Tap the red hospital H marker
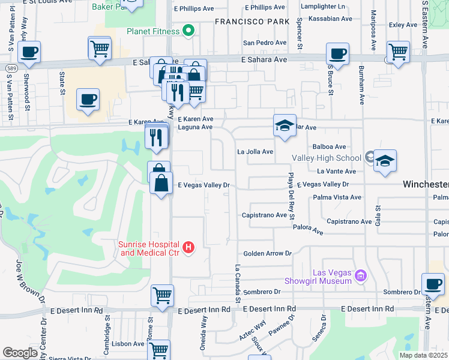pyautogui.click(x=188, y=247)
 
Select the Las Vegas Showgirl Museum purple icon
pyautogui.click(x=360, y=276)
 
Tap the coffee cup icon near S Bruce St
pyautogui.click(x=337, y=53)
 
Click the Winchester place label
pyautogui.click(x=425, y=184)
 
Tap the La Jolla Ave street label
pyautogui.click(x=255, y=152)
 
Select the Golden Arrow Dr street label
pyautogui.click(x=267, y=254)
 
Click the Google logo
pyautogui.click(x=20, y=353)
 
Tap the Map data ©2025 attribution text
pyautogui.click(x=423, y=355)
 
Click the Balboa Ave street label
pyautogui.click(x=330, y=146)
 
